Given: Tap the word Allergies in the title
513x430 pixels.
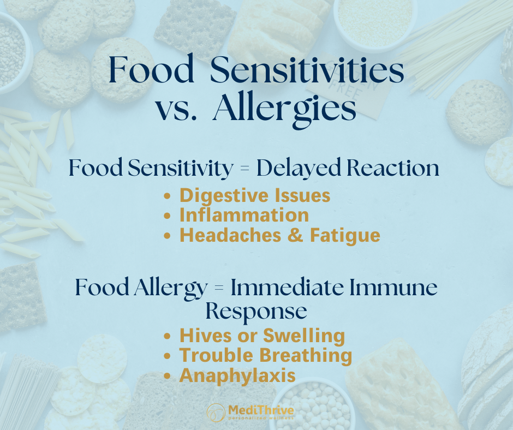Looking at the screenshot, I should pyautogui.click(x=284, y=110).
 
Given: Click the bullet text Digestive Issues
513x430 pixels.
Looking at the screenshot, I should pyautogui.click(x=255, y=195).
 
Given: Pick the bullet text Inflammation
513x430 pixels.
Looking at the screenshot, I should pyautogui.click(x=244, y=215).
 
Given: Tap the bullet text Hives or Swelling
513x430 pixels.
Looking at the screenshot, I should pyautogui.click(x=262, y=335).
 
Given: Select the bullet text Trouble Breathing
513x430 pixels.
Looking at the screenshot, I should pyautogui.click(x=265, y=355).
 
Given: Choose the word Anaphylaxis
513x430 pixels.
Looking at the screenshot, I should pyautogui.click(x=237, y=375).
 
